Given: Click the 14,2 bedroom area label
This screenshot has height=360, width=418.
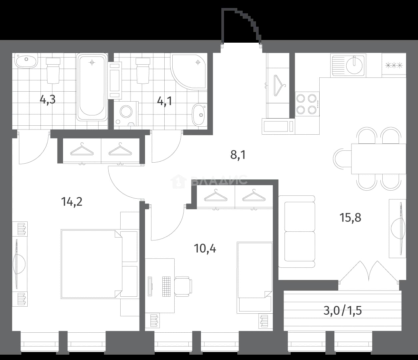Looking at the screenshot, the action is tap(72, 202).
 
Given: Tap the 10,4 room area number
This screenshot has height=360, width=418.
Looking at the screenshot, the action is tap(205, 249).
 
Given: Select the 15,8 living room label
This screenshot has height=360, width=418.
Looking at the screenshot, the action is tap(350, 218).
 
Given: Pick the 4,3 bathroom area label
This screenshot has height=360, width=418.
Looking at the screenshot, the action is tap(48, 100).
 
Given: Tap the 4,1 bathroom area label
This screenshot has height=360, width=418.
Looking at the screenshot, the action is tap(165, 101).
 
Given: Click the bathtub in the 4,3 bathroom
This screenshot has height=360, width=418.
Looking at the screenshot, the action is tap(92, 87).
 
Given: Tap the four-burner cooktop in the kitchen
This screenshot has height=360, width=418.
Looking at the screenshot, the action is tap(307, 104).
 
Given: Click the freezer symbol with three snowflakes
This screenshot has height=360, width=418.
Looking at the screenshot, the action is tap(394, 65).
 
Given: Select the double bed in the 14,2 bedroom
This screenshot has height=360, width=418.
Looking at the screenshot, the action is tap(91, 264).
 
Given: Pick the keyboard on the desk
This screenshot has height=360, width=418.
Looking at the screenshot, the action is tap(166, 287).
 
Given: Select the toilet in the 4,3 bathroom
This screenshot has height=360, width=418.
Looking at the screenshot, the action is tap(53, 71).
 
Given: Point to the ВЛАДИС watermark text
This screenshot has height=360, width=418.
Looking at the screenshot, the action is tap(219, 180).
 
